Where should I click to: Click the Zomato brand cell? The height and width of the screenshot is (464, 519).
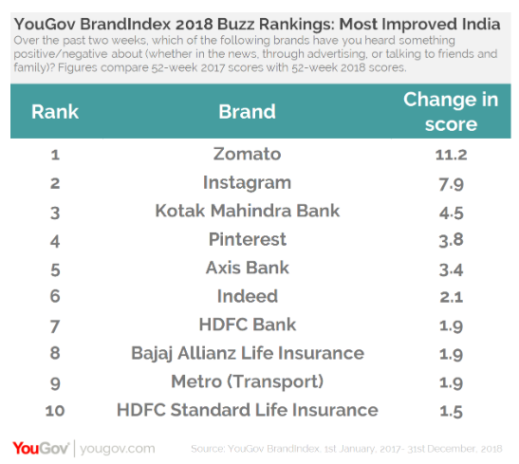247,154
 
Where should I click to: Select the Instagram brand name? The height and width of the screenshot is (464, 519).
247,182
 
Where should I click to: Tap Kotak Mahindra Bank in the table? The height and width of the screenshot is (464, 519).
247,211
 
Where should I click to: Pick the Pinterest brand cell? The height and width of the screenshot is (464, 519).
247,239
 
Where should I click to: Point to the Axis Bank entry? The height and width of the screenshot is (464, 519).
247,268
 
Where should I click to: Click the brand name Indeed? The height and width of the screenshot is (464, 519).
247,296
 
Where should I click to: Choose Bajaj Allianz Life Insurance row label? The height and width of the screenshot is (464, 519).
247,353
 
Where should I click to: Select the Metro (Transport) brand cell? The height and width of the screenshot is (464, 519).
247,381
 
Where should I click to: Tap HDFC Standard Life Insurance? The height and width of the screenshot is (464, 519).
247,410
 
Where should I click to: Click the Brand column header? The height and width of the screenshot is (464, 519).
247,111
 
